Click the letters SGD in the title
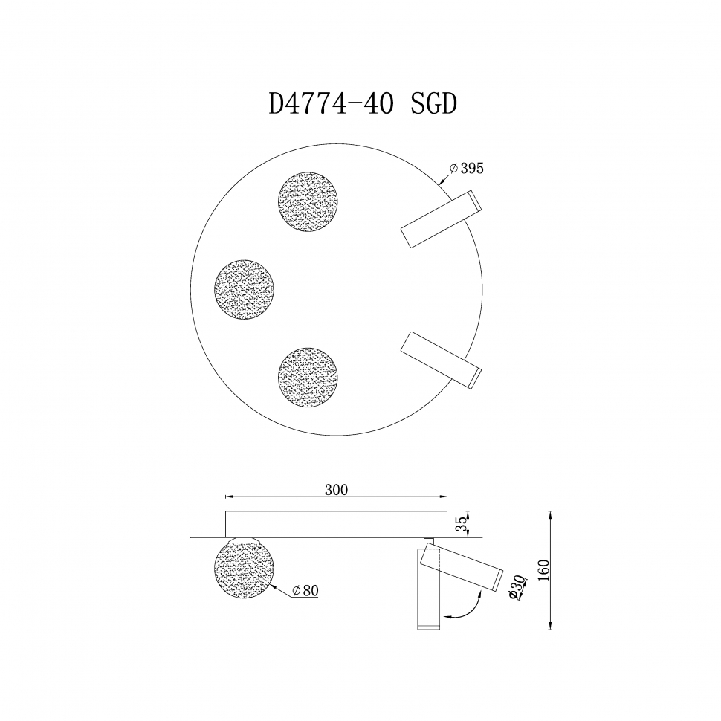[x=433, y=105]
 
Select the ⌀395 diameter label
[x=466, y=169]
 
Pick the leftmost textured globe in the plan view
[x=244, y=289]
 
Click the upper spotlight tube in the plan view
[x=440, y=219]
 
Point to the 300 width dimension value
[x=336, y=490]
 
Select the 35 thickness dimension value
[x=460, y=523]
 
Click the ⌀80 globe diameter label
[x=305, y=591]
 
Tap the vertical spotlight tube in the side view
[x=427, y=595]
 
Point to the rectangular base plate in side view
[x=336, y=523]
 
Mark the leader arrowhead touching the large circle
[x=442, y=181]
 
